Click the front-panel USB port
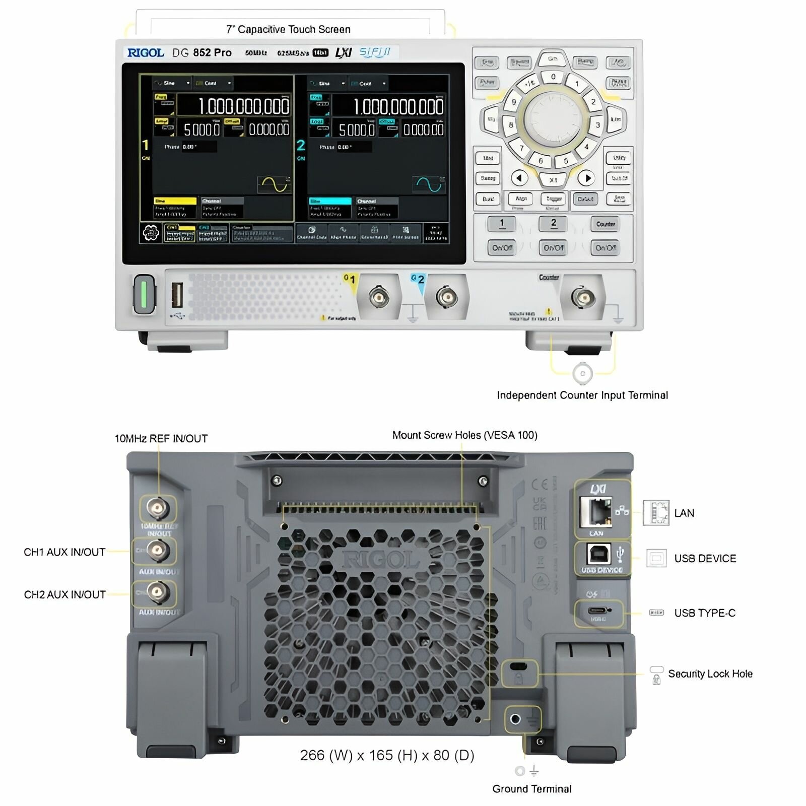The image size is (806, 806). tap(177, 295)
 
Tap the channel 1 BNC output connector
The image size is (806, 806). tap(379, 297)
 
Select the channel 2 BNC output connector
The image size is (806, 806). tap(446, 297)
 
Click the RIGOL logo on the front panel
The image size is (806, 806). tap(146, 53)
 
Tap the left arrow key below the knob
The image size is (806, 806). tap(519, 178)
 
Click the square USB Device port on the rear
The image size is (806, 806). tap(599, 554)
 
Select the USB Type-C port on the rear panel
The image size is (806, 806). tap(598, 612)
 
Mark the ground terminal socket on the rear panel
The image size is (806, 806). tap(515, 719)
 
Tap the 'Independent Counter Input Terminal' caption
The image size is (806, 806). tap(582, 395)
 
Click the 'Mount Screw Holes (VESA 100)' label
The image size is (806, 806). tap(464, 435)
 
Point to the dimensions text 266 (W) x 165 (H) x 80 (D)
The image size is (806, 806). tap(387, 755)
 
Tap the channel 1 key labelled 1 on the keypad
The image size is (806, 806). tap(502, 224)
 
